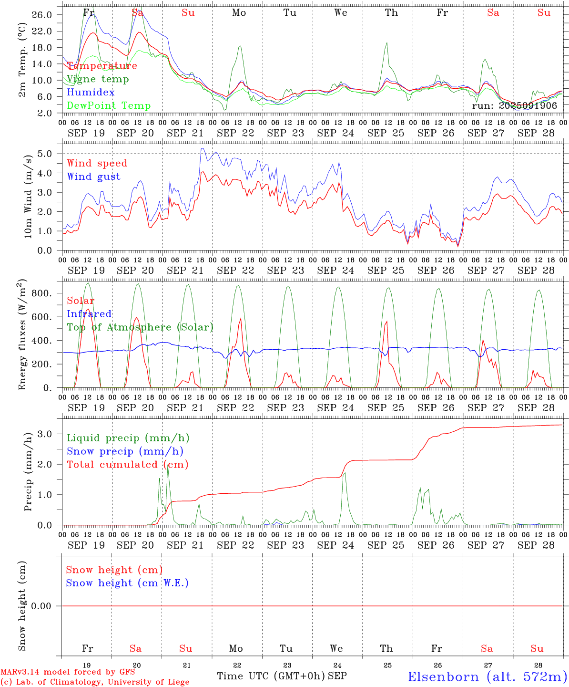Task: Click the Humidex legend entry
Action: pyautogui.click(x=91, y=93)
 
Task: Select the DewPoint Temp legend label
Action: pyautogui.click(x=109, y=106)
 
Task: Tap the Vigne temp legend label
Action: pyautogui.click(x=98, y=79)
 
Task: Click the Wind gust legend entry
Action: pyautogui.click(x=93, y=177)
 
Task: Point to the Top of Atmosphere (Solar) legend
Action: pyautogui.click(x=140, y=327)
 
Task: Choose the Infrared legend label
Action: pyautogui.click(x=89, y=314)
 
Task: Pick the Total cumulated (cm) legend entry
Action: pyautogui.click(x=127, y=465)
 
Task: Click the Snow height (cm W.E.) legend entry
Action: pyautogui.click(x=127, y=583)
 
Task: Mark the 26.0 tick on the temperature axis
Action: pyautogui.click(x=42, y=15)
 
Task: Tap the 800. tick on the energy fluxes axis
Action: pyautogui.click(x=41, y=293)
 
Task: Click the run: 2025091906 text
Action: pyautogui.click(x=514, y=106)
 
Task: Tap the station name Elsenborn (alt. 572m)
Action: pyautogui.click(x=487, y=677)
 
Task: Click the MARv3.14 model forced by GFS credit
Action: pyautogui.click(x=68, y=672)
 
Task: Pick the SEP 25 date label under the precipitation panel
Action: pyautogui.click(x=386, y=545)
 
